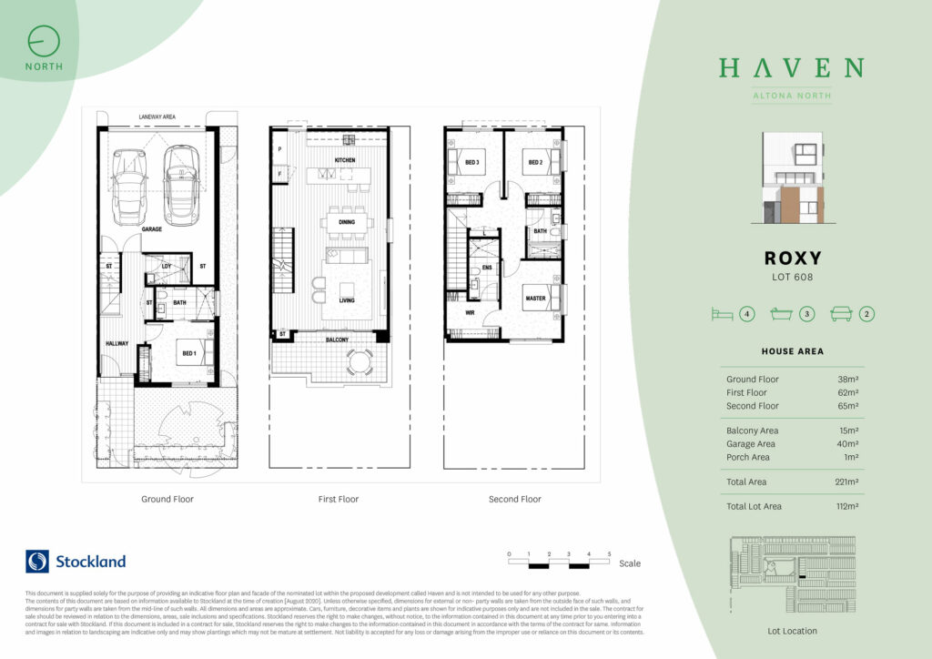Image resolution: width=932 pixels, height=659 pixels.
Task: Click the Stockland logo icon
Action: pyautogui.click(x=37, y=561)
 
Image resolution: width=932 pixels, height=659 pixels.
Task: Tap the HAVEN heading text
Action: pyautogui.click(x=790, y=68)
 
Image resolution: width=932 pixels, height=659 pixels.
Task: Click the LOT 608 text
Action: pyautogui.click(x=790, y=277)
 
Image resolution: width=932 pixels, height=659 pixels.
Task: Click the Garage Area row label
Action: pyautogui.click(x=753, y=444)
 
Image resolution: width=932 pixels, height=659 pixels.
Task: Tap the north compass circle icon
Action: pyautogui.click(x=44, y=42)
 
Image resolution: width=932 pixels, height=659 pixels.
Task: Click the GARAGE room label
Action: pyautogui.click(x=151, y=229)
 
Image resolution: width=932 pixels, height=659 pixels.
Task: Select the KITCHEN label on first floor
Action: pyautogui.click(x=344, y=160)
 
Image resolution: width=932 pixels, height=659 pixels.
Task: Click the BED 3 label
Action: pyautogui.click(x=471, y=163)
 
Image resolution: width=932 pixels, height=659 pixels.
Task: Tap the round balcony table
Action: pyautogui.click(x=360, y=360)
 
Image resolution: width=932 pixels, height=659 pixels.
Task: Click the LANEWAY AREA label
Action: pyautogui.click(x=157, y=117)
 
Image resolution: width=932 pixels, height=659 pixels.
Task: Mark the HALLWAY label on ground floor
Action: pyautogui.click(x=116, y=343)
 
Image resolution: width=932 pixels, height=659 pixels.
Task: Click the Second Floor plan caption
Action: pyautogui.click(x=514, y=499)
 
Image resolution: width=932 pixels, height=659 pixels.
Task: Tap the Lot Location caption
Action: pyautogui.click(x=791, y=631)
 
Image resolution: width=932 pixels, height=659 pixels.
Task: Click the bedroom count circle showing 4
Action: pyautogui.click(x=748, y=315)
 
